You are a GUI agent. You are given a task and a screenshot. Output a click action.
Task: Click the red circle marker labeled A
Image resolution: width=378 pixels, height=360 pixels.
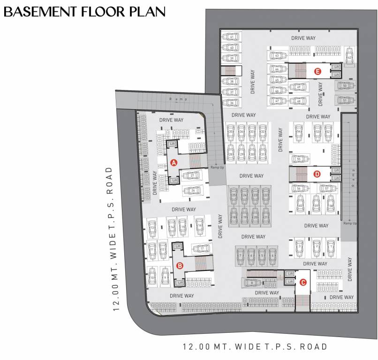pyautogui.click(x=174, y=163)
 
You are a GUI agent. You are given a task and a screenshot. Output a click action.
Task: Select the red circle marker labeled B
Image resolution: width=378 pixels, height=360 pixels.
pyautogui.click(x=179, y=266)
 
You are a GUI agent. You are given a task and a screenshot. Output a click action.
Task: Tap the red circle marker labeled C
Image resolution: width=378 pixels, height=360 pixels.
pyautogui.click(x=303, y=282)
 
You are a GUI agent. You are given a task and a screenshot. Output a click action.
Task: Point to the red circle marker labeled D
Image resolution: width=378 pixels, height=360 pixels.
pyautogui.click(x=317, y=174)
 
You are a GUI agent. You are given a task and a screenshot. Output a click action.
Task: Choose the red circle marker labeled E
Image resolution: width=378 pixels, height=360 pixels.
pyautogui.click(x=318, y=71)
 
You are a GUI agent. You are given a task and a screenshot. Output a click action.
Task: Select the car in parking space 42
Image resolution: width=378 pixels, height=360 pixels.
pyautogui.click(x=349, y=57)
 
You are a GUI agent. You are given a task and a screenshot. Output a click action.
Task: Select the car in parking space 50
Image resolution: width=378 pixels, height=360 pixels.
pyautogui.click(x=345, y=86)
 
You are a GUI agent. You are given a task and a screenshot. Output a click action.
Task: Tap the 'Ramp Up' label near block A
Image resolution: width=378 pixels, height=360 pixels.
pyautogui.click(x=217, y=167)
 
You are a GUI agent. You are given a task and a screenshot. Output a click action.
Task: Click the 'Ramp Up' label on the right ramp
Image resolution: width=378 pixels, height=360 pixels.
pyautogui.click(x=350, y=223)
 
